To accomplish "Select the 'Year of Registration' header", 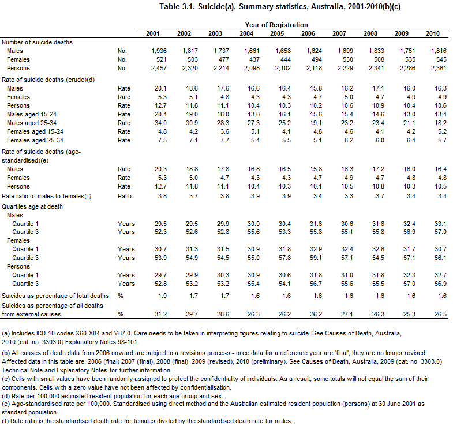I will [x=272, y=25].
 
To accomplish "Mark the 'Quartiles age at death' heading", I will [x=32, y=206].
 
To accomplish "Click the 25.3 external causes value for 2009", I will [x=406, y=315].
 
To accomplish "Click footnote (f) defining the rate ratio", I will [x=147, y=421].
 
